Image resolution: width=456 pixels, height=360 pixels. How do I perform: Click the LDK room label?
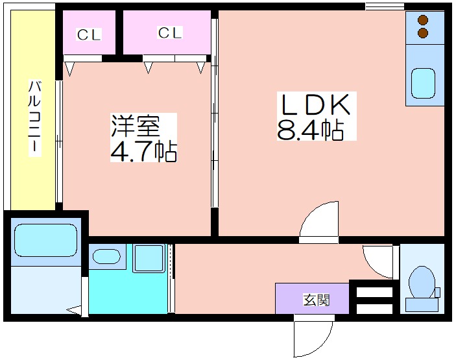tap(315, 104)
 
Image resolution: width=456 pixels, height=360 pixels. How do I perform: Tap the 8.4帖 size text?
tap(310, 129)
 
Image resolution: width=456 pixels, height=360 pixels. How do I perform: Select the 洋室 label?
tap(135, 126)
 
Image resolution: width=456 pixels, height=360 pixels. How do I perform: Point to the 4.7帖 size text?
tap(143, 152)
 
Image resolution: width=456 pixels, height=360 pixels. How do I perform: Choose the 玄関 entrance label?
tap(317, 300)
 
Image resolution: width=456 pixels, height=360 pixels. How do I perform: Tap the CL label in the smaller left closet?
tap(89, 34)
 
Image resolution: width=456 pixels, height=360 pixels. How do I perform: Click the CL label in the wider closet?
tap(170, 32)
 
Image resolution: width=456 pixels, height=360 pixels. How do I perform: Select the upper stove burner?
tap(423, 20)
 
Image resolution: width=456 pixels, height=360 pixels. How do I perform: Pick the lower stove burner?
tap(423, 32)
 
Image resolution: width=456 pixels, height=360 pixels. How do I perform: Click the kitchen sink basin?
tap(423, 84)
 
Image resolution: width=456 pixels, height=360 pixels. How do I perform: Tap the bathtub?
tap(45, 240)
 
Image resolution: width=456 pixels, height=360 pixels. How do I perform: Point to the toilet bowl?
tap(422, 282)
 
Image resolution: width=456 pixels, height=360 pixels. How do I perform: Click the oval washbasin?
tap(106, 256)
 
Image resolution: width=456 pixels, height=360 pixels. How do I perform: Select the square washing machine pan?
tap(149, 258)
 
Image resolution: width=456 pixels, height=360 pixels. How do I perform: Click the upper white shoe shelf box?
tap(374, 293)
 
